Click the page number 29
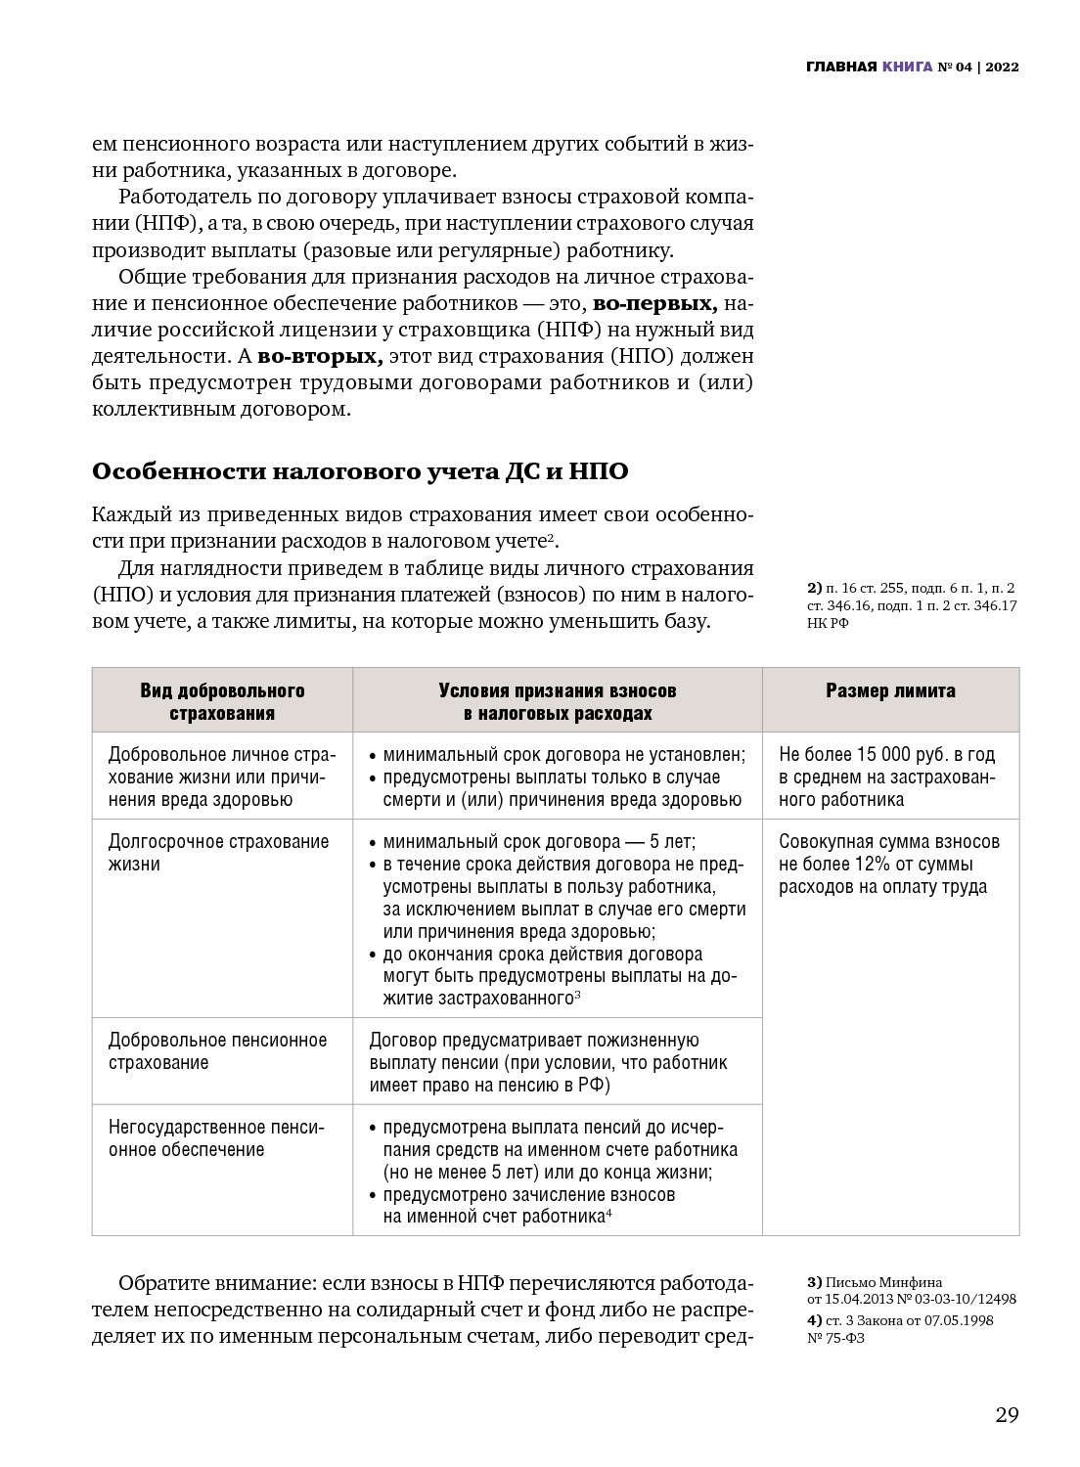[1007, 1415]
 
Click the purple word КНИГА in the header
[907, 67]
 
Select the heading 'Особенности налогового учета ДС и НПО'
[360, 471]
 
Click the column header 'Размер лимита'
[890, 690]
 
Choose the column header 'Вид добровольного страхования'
[222, 701]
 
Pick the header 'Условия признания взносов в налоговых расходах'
[557, 701]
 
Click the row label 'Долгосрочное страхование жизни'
[218, 853]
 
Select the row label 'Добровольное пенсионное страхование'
[217, 1051]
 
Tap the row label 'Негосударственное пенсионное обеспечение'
[216, 1138]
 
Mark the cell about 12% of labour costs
[889, 865]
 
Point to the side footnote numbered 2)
[910, 605]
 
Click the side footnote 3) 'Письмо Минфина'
[910, 1290]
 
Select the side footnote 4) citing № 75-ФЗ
[899, 1329]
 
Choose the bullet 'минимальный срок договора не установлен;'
[563, 755]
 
